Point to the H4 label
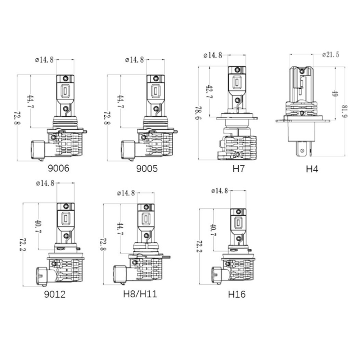pos(312,168)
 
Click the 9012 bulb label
pos(55,294)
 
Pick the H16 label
pos(237,294)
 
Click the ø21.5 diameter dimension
pos(330,55)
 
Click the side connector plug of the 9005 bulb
pos(128,150)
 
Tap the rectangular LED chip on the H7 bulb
pos(237,82)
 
